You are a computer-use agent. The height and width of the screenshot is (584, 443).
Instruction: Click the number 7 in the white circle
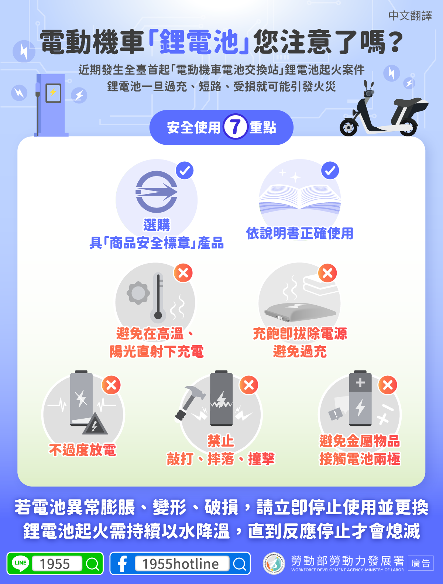(x=235, y=127)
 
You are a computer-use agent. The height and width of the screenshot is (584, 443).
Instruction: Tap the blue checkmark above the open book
(x=330, y=171)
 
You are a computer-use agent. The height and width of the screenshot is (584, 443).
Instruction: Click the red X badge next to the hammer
(x=249, y=385)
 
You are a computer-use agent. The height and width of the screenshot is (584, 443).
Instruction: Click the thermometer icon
(x=158, y=296)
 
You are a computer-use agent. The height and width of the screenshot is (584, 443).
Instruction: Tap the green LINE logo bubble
(x=20, y=563)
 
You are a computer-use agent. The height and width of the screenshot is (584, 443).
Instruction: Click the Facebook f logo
(x=123, y=564)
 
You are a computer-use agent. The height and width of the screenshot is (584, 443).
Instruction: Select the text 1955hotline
(x=181, y=564)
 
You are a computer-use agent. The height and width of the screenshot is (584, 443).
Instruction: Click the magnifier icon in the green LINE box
(x=93, y=564)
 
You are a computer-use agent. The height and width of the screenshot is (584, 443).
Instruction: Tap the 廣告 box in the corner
(x=420, y=563)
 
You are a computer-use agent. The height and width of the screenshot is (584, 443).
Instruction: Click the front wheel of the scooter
(x=348, y=127)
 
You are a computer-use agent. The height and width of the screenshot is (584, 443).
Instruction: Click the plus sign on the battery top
(x=360, y=382)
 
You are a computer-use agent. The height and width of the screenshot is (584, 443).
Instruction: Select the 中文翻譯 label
(x=410, y=16)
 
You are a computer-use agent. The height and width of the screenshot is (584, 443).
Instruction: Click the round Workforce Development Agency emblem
(x=274, y=563)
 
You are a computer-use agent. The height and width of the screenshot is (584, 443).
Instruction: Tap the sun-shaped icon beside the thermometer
(x=138, y=293)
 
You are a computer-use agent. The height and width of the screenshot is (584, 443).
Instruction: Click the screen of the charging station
(x=53, y=93)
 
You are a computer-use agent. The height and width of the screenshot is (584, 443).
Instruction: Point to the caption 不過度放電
(x=82, y=450)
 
